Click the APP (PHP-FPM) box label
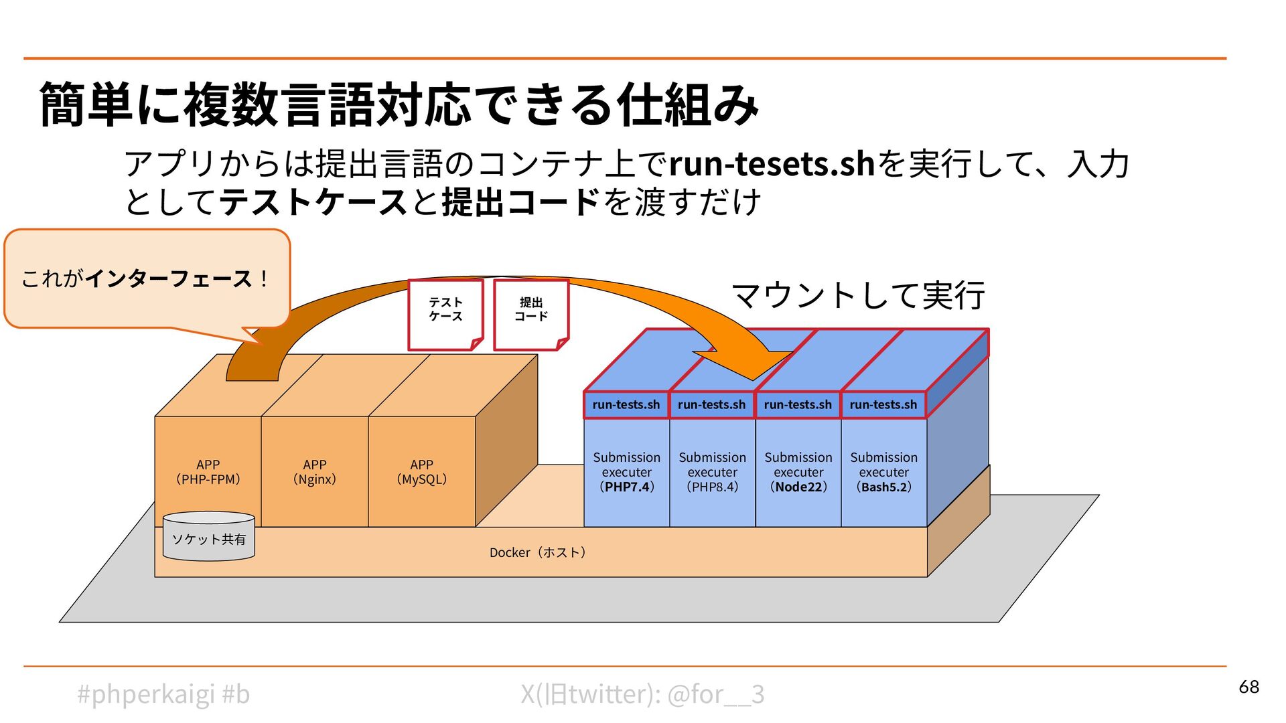[208, 472]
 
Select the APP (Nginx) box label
[314, 472]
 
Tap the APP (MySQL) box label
[421, 472]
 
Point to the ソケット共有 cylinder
[208, 538]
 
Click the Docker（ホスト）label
[538, 552]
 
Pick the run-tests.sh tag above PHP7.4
[626, 404]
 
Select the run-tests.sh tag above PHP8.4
[711, 404]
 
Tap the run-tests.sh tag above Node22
[798, 404]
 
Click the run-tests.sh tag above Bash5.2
[883, 404]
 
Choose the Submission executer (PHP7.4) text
[626, 472]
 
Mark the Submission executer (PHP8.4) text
[712, 472]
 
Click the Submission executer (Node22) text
[798, 472]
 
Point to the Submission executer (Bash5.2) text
[884, 472]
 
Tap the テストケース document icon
[445, 314]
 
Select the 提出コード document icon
[531, 314]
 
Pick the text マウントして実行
[858, 295]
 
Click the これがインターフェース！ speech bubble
[147, 278]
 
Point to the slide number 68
[1248, 687]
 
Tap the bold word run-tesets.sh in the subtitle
[772, 164]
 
